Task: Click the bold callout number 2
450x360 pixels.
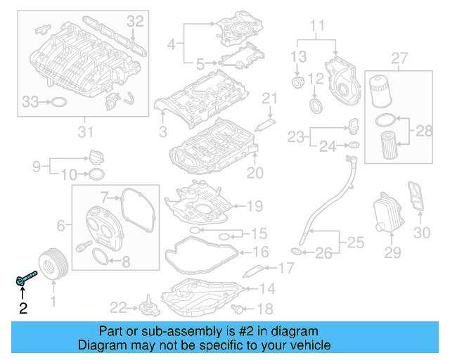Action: tap(22, 308)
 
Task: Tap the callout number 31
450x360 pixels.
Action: tap(85, 131)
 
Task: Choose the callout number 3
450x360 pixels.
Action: tap(163, 131)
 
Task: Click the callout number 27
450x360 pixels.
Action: tap(399, 57)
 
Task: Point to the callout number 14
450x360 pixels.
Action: tap(269, 288)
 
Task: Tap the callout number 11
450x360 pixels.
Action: tap(318, 27)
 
